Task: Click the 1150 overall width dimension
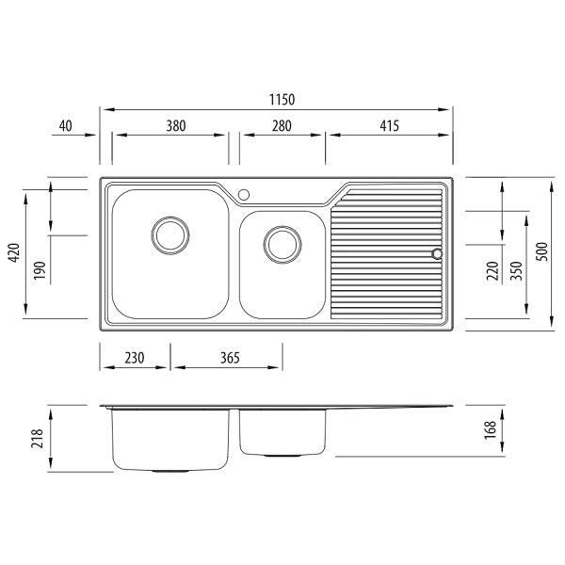point(282,100)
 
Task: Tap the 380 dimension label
point(176,126)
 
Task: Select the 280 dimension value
point(282,126)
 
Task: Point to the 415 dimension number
point(390,126)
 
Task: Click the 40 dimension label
point(66,126)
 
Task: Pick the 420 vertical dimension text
point(14,252)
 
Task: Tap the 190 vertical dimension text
point(40,270)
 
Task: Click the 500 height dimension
point(541,251)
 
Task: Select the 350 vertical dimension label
point(516,270)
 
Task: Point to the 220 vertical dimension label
point(492,270)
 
